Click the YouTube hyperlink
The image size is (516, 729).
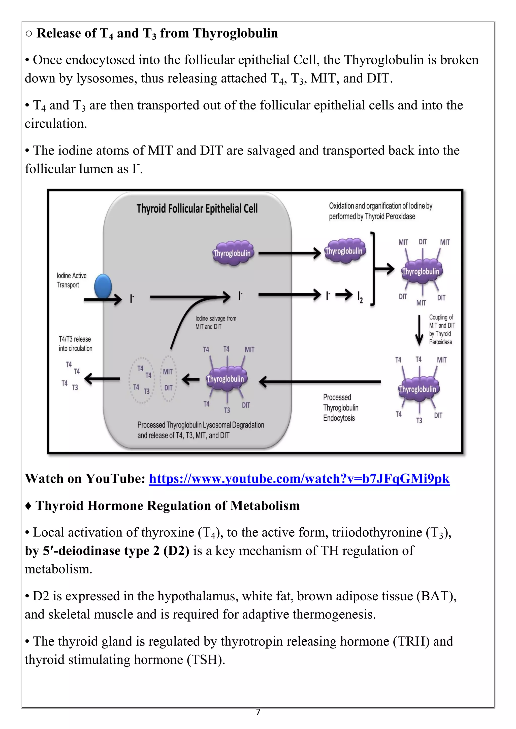[x=299, y=479]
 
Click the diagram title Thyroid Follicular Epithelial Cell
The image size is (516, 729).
[x=197, y=209]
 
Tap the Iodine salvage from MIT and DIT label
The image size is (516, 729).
[x=215, y=322]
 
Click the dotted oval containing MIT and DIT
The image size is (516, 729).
[x=168, y=379]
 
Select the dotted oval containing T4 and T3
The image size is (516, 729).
[x=141, y=380]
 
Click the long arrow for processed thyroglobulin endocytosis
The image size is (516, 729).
[x=321, y=382]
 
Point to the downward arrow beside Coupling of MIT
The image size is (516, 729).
[x=420, y=330]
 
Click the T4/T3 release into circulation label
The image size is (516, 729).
[x=75, y=344]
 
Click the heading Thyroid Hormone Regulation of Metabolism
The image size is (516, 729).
[x=168, y=505]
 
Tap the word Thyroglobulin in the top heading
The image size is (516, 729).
[x=235, y=33]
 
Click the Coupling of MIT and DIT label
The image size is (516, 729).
[x=442, y=329]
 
